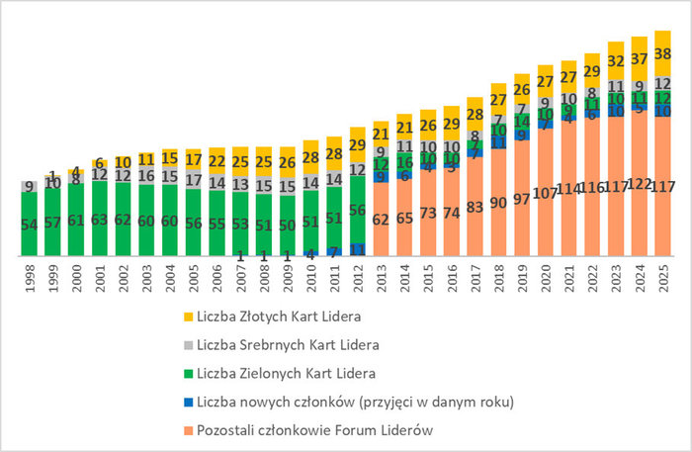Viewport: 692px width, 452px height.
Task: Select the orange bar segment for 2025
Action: click(x=664, y=188)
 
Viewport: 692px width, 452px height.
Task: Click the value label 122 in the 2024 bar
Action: click(x=641, y=185)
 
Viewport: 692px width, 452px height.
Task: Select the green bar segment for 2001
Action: click(x=100, y=220)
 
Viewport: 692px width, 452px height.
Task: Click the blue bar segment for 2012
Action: click(x=359, y=250)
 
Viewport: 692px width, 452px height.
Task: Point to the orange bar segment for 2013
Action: click(x=383, y=221)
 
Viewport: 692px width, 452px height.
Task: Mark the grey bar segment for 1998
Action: click(x=30, y=186)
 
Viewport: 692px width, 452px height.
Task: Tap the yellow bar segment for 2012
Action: click(x=359, y=144)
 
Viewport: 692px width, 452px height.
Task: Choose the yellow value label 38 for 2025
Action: click(x=664, y=54)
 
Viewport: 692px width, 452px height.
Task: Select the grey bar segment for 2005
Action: click(x=194, y=181)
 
